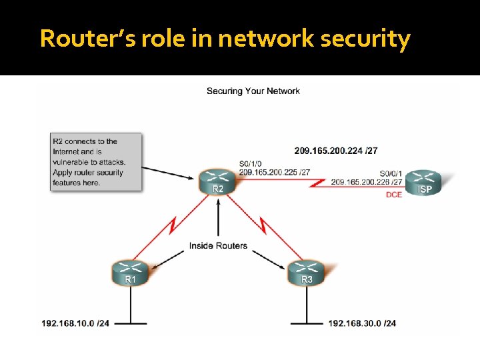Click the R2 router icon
click(218, 181)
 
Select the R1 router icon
click(131, 272)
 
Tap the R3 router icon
click(307, 272)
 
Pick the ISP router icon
click(425, 181)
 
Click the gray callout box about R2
click(96, 161)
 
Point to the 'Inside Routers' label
click(218, 245)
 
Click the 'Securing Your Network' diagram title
click(253, 91)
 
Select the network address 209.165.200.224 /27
click(336, 151)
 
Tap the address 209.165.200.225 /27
click(274, 172)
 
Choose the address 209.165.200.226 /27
click(366, 181)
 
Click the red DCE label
click(394, 195)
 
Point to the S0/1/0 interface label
click(251, 163)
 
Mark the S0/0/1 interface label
click(391, 172)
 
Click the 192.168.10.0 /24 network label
click(75, 323)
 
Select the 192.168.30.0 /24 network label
click(362, 323)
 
